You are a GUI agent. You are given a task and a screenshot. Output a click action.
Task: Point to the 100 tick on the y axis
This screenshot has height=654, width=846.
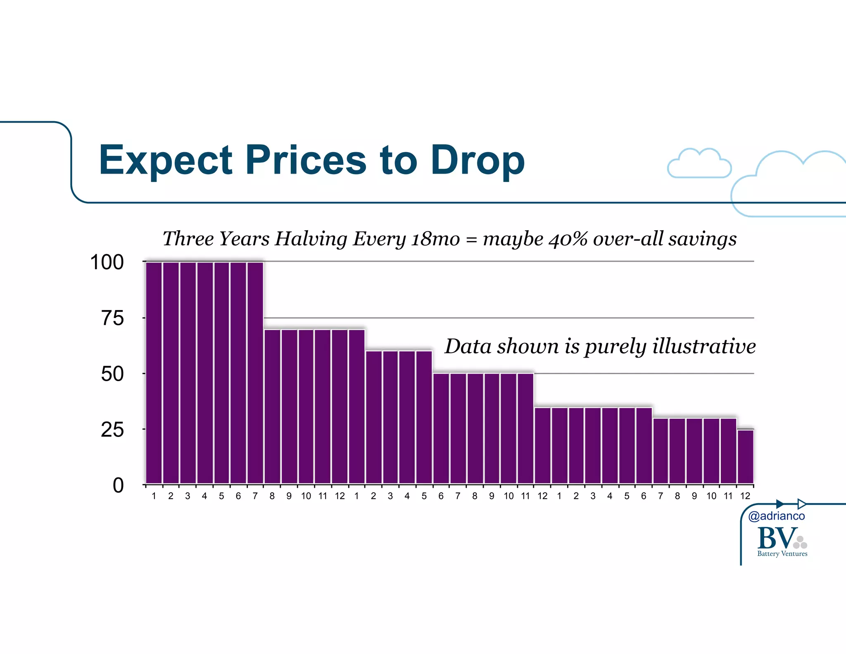107,263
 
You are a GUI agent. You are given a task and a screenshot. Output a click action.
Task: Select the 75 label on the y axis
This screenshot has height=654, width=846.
112,318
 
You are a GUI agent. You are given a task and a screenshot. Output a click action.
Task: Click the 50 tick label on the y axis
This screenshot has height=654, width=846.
112,374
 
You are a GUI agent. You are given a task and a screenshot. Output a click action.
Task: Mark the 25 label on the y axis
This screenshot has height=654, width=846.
112,430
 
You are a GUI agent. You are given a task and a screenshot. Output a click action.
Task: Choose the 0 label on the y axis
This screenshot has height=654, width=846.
118,485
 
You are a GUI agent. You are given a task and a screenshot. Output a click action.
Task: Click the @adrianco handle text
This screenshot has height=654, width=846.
776,516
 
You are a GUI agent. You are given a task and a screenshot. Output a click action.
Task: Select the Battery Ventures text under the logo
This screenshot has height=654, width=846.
782,554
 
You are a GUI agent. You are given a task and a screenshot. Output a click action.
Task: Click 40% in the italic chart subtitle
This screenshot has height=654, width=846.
568,239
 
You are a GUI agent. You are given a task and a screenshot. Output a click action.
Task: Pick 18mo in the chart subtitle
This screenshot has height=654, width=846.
435,239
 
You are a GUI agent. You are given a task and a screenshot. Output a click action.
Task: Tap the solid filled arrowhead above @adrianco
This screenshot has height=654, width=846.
780,504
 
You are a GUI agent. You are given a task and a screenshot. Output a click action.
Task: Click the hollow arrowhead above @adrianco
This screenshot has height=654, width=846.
802,504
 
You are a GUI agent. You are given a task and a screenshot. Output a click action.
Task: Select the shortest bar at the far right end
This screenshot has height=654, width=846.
745,456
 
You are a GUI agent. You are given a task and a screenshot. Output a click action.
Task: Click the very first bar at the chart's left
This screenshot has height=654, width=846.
154,372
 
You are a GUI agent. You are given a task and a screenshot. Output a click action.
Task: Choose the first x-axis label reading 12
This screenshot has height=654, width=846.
340,496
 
